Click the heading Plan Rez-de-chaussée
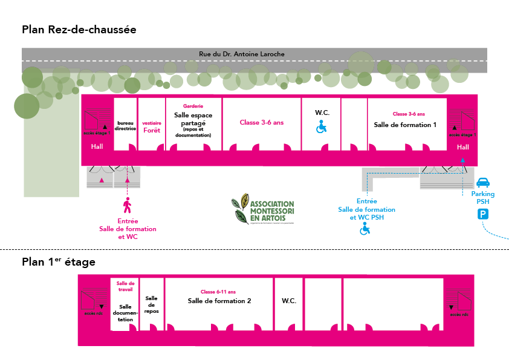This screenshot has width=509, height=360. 79,29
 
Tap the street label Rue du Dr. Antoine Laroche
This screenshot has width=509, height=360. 241,54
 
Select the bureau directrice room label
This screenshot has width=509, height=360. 125,125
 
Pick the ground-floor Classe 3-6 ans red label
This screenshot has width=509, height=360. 261,123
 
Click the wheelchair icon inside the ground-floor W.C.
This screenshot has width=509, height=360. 322,126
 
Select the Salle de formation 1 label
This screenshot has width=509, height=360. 405,125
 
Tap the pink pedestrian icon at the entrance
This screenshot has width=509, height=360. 127,206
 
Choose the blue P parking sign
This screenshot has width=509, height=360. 484,214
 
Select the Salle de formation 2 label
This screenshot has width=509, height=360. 219,301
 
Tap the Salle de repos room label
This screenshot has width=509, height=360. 151,304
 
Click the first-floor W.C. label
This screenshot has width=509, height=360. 289,301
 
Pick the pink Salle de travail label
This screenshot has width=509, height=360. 125,286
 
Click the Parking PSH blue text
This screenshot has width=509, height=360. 483,198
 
